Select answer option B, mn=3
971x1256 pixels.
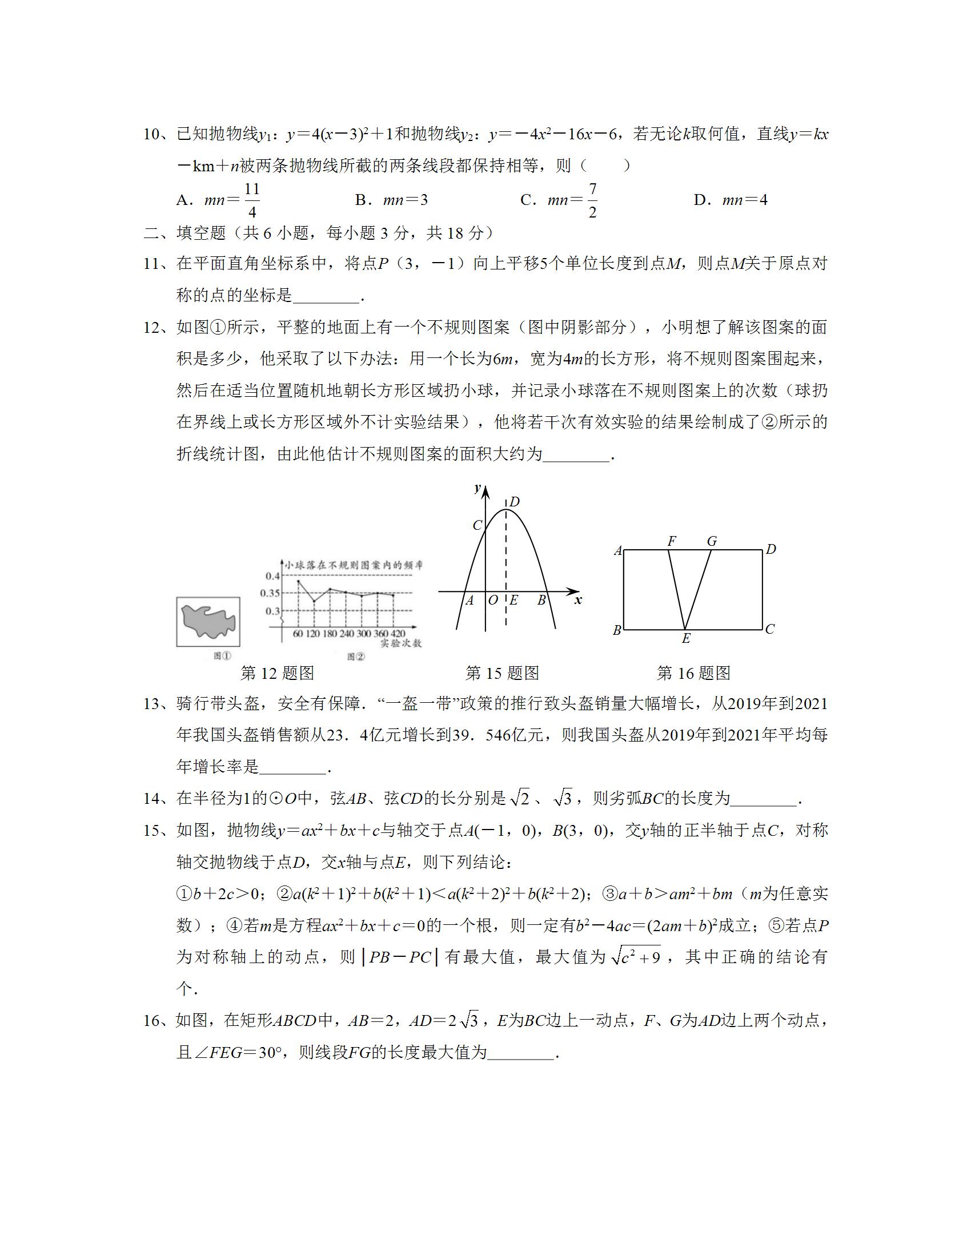click(392, 200)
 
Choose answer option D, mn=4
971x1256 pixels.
click(731, 200)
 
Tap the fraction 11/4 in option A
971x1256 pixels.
click(252, 200)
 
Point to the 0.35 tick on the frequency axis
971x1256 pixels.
click(270, 593)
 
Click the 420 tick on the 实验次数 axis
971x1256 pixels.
click(398, 634)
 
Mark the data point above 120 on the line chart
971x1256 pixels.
click(314, 601)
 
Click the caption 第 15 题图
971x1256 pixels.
click(501, 673)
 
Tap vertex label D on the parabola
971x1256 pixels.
click(514, 502)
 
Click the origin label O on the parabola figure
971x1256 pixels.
click(493, 601)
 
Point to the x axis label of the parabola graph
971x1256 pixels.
click(578, 601)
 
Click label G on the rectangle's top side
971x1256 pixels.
click(712, 541)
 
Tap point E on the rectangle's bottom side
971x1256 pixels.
click(685, 630)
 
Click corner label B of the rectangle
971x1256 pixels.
click(617, 630)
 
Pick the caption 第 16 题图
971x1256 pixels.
click(693, 673)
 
